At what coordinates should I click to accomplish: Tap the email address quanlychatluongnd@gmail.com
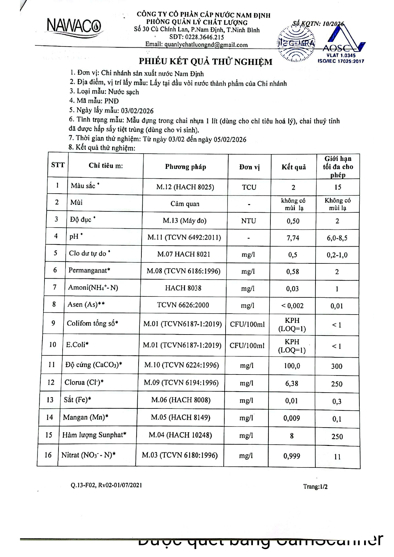click(x=196, y=45)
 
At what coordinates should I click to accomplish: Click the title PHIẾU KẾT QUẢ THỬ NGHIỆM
click(x=206, y=62)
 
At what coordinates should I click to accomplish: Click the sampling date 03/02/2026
click(x=137, y=111)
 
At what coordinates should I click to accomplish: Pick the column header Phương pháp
click(x=186, y=167)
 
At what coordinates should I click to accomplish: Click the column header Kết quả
click(x=294, y=167)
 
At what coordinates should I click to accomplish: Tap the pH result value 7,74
click(x=293, y=238)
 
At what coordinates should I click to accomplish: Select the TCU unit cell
click(x=249, y=187)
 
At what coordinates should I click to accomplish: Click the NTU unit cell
click(x=248, y=221)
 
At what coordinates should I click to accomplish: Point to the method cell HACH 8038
click(x=183, y=288)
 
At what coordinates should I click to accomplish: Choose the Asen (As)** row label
click(x=86, y=304)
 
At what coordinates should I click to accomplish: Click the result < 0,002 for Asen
click(x=292, y=306)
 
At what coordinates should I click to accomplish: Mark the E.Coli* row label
click(x=77, y=344)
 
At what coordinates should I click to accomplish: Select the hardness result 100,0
click(x=292, y=366)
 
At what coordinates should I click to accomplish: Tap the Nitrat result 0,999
click(x=292, y=456)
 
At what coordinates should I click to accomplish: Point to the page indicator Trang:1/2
click(x=315, y=487)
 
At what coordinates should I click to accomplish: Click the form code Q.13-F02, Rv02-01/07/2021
click(x=106, y=485)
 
